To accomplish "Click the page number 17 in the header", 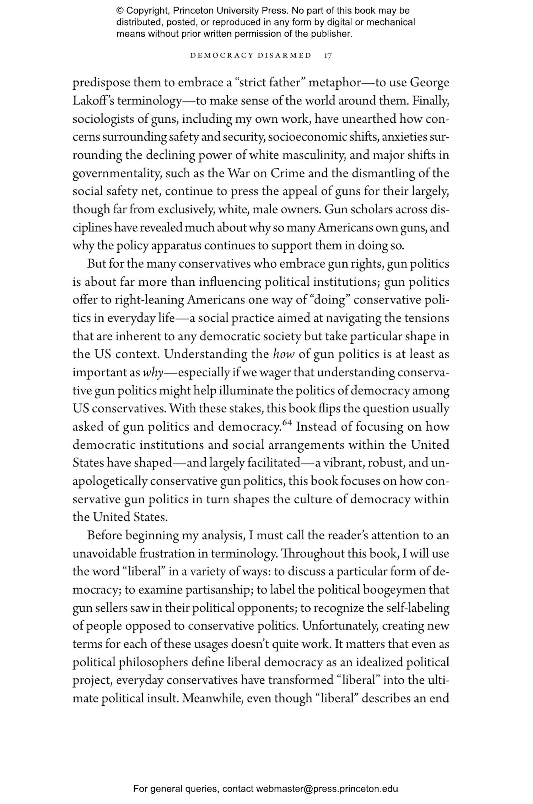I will pyautogui.click(x=328, y=56).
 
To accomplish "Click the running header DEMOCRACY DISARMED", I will pyautogui.click(x=251, y=56).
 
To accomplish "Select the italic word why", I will pyautogui.click(x=153, y=373).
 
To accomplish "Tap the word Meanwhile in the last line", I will pyautogui.click(x=212, y=698).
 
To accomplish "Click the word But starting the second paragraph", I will pyautogui.click(x=97, y=264).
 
